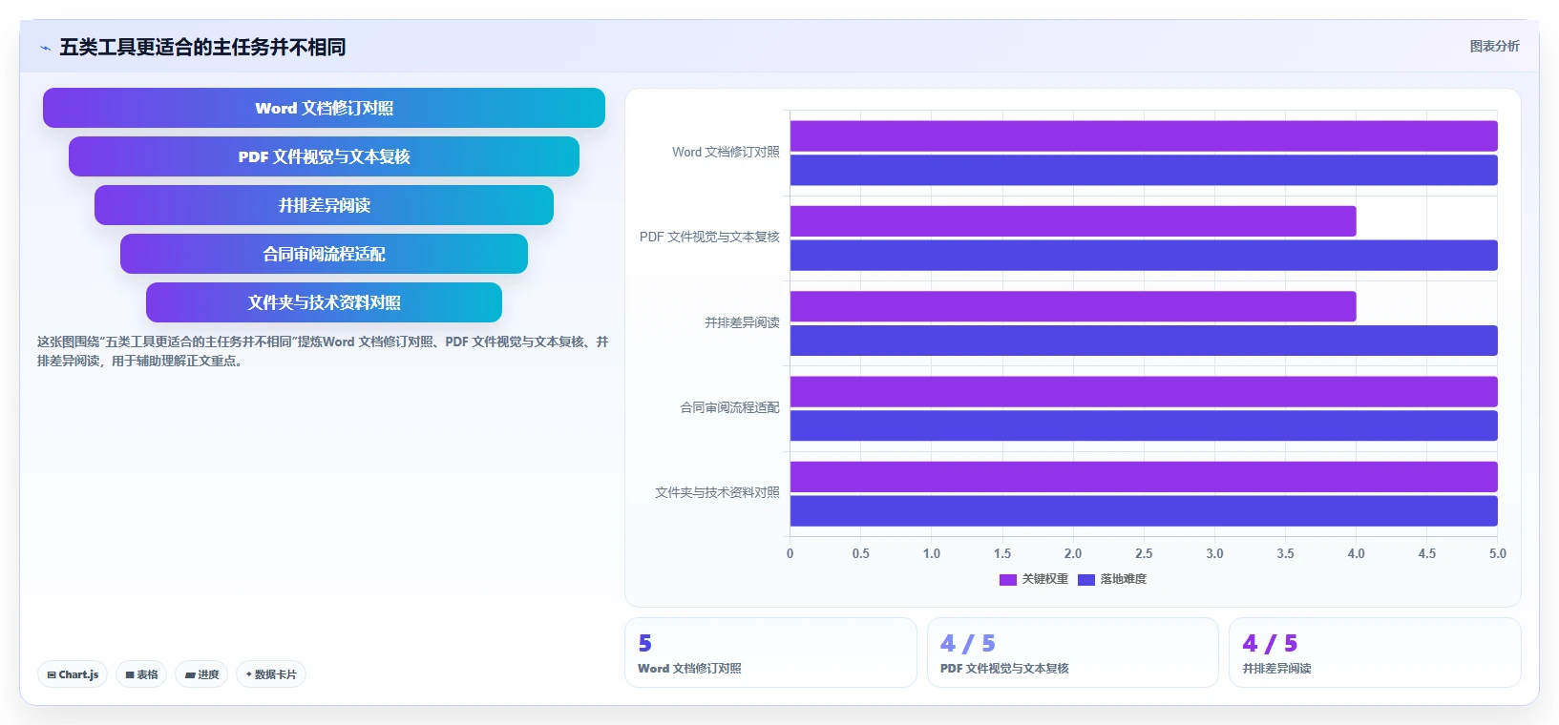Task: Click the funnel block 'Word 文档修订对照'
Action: click(x=324, y=108)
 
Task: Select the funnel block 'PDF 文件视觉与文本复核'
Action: click(x=324, y=156)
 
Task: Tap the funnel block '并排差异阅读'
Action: click(x=324, y=205)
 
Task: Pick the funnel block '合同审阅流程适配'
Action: click(x=324, y=254)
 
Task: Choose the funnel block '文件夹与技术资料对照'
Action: click(x=324, y=302)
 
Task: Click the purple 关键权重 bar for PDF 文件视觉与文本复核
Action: click(x=1072, y=221)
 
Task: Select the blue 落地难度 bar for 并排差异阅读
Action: click(x=1144, y=341)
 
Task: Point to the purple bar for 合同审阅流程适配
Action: click(x=1144, y=392)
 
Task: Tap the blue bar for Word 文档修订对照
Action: click(x=1144, y=170)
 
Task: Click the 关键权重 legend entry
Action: click(x=1034, y=579)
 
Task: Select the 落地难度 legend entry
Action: click(x=1112, y=579)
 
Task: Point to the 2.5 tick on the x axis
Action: click(x=1144, y=554)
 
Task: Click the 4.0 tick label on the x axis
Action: click(x=1356, y=554)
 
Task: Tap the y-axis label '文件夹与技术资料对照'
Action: click(x=717, y=492)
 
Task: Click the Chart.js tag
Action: click(x=73, y=674)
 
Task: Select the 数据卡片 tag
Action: click(x=271, y=674)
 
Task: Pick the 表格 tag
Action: click(x=141, y=674)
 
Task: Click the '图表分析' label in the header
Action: click(x=1494, y=46)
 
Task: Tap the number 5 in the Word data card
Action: click(x=645, y=643)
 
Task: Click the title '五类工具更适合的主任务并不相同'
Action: click(x=202, y=47)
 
